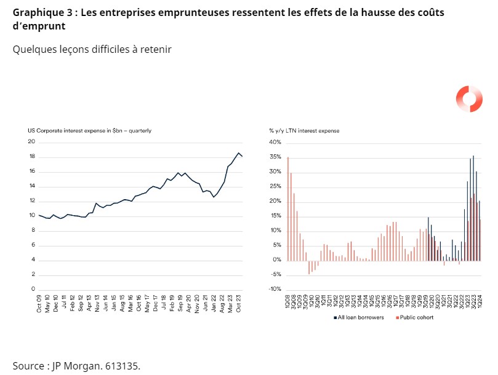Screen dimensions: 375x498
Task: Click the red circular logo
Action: pos(468,100)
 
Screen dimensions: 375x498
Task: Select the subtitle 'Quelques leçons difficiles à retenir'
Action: pos(92,49)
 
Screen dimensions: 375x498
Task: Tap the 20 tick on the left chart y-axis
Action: pos(31,142)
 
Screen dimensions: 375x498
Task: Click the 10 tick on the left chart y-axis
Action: pos(31,216)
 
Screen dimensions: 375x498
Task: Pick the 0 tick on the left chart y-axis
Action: pos(32,290)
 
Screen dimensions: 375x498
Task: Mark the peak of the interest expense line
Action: pos(238,153)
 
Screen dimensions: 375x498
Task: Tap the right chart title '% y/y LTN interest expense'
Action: pos(304,130)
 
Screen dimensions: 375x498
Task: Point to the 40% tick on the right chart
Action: pos(275,142)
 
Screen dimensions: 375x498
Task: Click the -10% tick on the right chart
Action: pos(274,290)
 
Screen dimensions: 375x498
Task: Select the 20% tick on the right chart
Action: pos(275,201)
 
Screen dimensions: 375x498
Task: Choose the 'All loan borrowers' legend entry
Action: pos(361,318)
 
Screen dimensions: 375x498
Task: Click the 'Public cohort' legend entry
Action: pos(418,318)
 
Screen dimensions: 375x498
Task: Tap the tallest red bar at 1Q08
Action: pos(287,209)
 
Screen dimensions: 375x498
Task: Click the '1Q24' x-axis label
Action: pos(480,304)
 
